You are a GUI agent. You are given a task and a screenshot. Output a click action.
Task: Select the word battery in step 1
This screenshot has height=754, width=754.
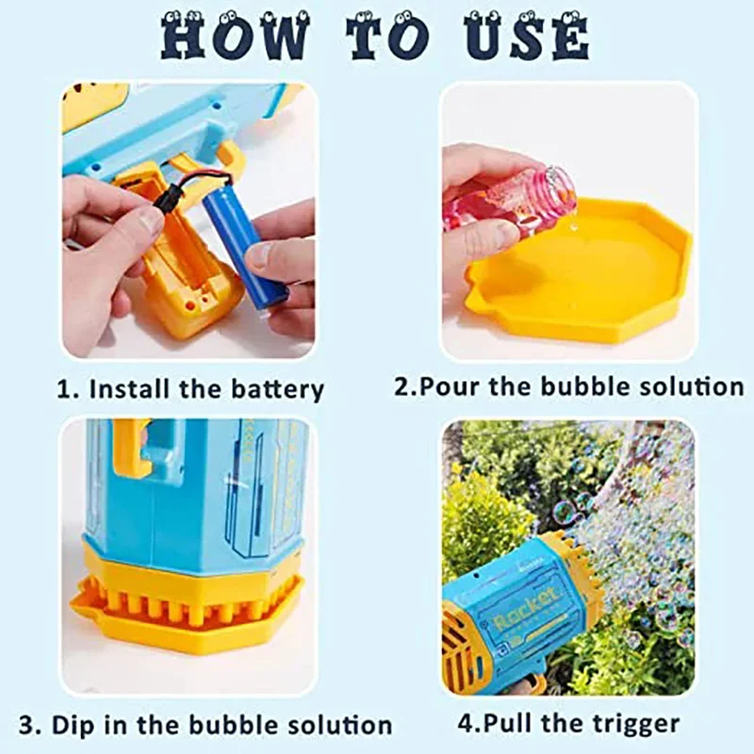pyautogui.click(x=276, y=388)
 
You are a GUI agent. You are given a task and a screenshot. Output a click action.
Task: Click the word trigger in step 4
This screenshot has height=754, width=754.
pyautogui.click(x=630, y=723)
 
